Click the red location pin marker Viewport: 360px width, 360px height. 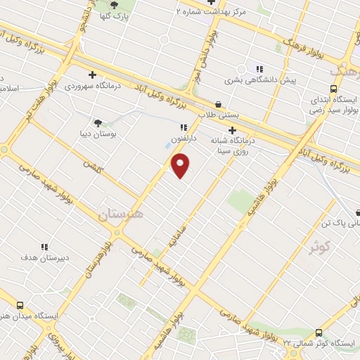[x=181, y=165]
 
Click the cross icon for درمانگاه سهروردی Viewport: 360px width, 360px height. [x=92, y=74]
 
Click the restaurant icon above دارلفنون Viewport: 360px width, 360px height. [x=184, y=128]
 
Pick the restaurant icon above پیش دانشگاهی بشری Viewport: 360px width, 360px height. [x=259, y=69]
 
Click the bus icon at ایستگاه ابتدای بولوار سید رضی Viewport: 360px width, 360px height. [x=333, y=89]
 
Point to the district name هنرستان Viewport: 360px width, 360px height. [x=120, y=215]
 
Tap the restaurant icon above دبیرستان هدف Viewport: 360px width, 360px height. [x=44, y=247]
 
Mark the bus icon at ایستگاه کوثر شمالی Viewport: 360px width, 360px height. [x=319, y=333]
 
